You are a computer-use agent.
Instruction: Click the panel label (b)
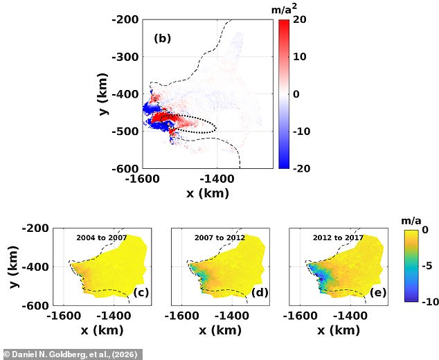pyautogui.click(x=162, y=39)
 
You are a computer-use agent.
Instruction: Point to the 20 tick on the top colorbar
pyautogui.click(x=301, y=20)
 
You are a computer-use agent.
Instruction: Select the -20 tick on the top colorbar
pyautogui.click(x=302, y=168)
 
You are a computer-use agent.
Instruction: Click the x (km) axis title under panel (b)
pyautogui.click(x=207, y=193)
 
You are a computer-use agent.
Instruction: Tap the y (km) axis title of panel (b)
pyautogui.click(x=102, y=93)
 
